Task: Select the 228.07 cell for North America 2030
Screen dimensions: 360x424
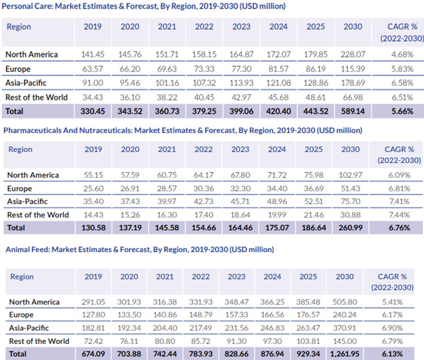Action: (353, 54)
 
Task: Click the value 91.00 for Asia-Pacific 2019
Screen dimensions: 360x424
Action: (93, 83)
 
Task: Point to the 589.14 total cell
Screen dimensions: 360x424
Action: (353, 111)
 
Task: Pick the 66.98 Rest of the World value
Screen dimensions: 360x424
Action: (353, 97)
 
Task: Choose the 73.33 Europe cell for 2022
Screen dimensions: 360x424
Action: (204, 69)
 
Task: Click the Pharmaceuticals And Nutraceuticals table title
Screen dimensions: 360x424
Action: (183, 130)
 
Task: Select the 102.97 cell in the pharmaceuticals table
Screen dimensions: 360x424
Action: (350, 175)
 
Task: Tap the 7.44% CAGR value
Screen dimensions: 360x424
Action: (399, 215)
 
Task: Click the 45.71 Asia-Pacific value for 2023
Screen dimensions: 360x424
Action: (240, 201)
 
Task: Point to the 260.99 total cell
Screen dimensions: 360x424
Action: (350, 228)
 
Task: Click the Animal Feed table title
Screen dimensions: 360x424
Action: (139, 249)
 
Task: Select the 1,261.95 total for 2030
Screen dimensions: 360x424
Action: (345, 354)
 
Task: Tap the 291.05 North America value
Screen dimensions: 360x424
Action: (93, 302)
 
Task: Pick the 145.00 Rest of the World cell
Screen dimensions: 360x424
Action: (345, 341)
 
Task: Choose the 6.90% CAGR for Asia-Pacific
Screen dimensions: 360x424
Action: (393, 328)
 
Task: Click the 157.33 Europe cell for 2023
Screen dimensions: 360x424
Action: (236, 315)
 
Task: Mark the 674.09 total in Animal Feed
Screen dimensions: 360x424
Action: (93, 354)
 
